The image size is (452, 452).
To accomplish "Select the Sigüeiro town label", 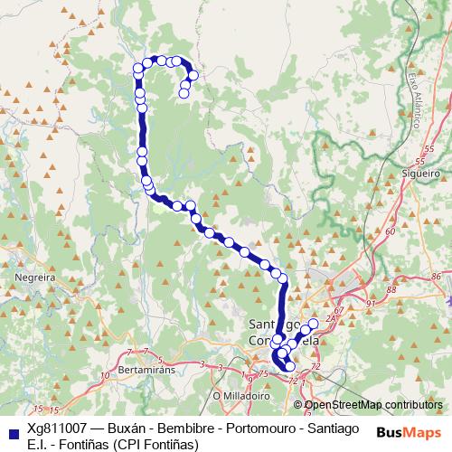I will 419,170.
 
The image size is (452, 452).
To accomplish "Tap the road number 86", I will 437,277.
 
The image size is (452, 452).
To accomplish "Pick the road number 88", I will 391,289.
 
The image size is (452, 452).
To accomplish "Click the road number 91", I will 371,304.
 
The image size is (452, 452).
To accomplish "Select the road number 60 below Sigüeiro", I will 390,231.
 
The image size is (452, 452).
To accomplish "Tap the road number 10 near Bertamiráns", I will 107,372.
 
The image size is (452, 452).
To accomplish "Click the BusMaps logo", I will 402,432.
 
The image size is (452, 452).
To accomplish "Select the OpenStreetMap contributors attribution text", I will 373,405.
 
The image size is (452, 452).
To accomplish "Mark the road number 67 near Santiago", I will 337,311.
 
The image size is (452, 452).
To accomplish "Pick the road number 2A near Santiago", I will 331,319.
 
